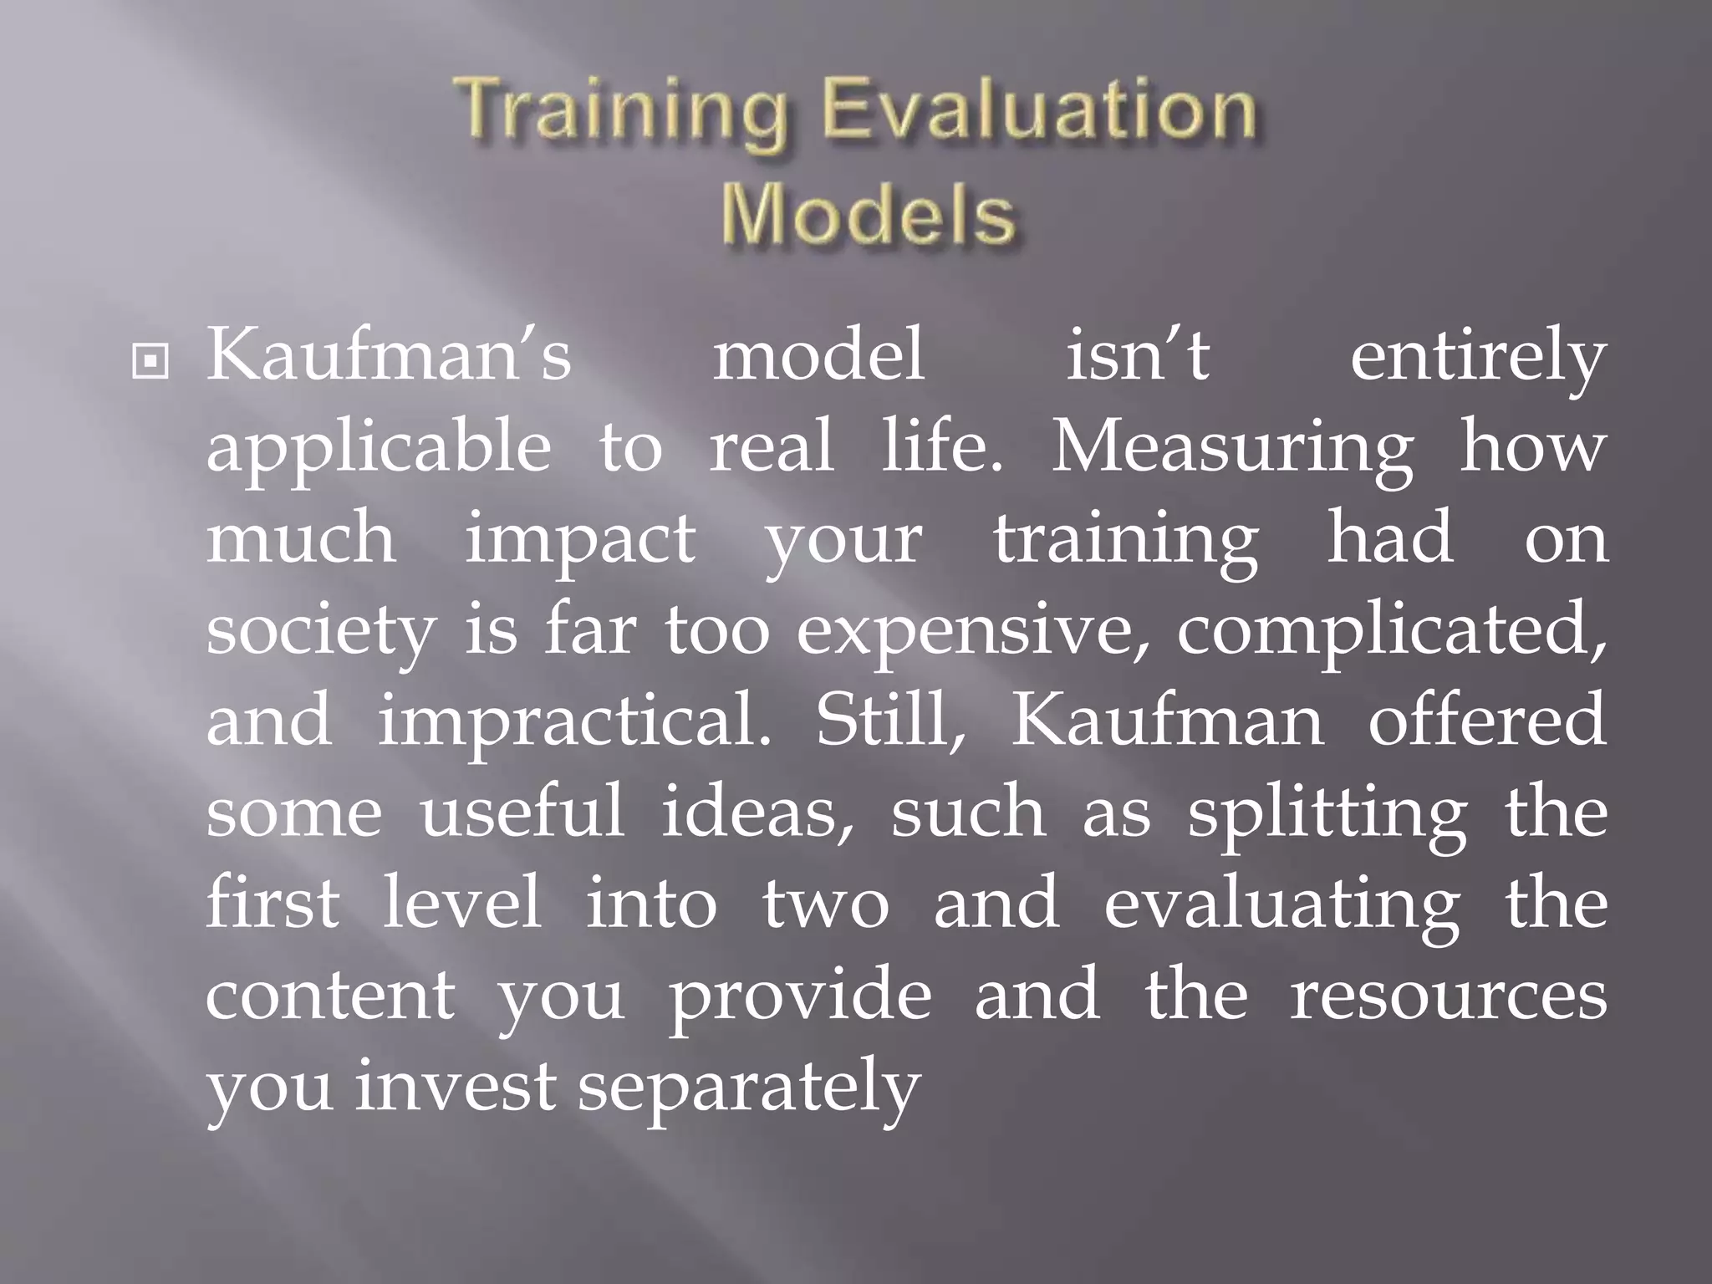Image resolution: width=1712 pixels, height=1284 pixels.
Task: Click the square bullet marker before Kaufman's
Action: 150,363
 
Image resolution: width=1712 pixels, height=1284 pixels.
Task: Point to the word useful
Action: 522,813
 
